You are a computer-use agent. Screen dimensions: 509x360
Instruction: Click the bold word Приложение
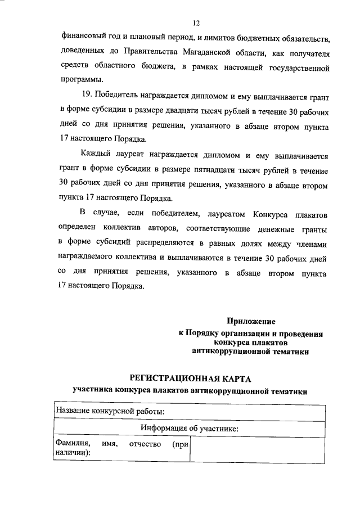click(x=250, y=322)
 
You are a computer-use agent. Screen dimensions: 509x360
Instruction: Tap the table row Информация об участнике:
click(x=190, y=429)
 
